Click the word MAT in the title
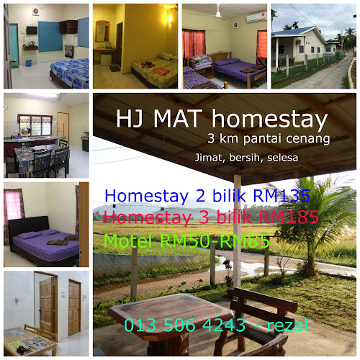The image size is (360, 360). (176, 119)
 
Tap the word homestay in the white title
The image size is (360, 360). (269, 120)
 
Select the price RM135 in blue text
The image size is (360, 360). (281, 195)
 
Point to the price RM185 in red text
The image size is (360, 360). (289, 217)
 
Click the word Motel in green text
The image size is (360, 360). (128, 240)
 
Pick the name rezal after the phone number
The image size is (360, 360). (287, 325)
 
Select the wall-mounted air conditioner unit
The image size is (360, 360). (256, 17)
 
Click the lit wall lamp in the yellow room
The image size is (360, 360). (170, 19)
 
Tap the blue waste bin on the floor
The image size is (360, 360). (29, 63)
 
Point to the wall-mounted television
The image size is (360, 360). (32, 30)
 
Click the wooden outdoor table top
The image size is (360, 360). (170, 312)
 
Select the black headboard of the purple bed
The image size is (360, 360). (29, 226)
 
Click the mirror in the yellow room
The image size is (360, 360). (102, 32)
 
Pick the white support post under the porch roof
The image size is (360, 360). (238, 230)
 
